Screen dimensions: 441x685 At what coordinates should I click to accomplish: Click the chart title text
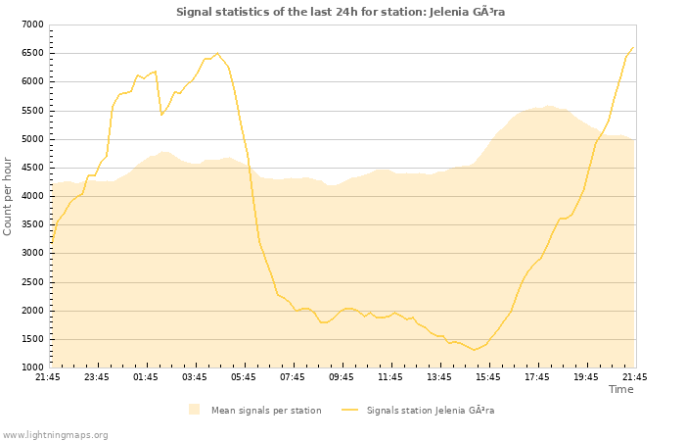click(x=341, y=12)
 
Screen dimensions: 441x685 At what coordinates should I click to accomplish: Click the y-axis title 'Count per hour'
click(x=9, y=195)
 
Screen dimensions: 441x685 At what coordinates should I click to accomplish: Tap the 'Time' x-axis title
click(x=620, y=389)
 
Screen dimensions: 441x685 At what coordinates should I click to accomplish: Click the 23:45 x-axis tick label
click(x=97, y=377)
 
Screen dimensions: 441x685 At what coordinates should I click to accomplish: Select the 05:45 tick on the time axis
click(x=244, y=377)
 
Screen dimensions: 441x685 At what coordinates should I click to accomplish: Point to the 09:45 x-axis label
click(x=342, y=377)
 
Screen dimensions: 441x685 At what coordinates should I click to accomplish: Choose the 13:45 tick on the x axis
click(x=439, y=377)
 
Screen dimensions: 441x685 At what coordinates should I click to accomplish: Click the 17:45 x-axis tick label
click(x=537, y=377)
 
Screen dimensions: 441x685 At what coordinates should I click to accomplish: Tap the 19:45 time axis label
click(x=586, y=377)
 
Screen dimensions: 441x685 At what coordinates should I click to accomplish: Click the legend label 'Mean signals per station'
click(x=266, y=410)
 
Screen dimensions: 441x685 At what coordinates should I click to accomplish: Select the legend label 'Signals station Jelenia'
click(x=431, y=410)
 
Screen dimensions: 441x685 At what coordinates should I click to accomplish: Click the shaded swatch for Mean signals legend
click(x=195, y=410)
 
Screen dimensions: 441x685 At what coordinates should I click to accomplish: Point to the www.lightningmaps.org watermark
click(x=56, y=434)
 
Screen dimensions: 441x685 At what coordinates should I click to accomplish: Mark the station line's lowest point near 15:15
click(x=475, y=350)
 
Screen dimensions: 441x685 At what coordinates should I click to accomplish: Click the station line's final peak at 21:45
click(x=633, y=47)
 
